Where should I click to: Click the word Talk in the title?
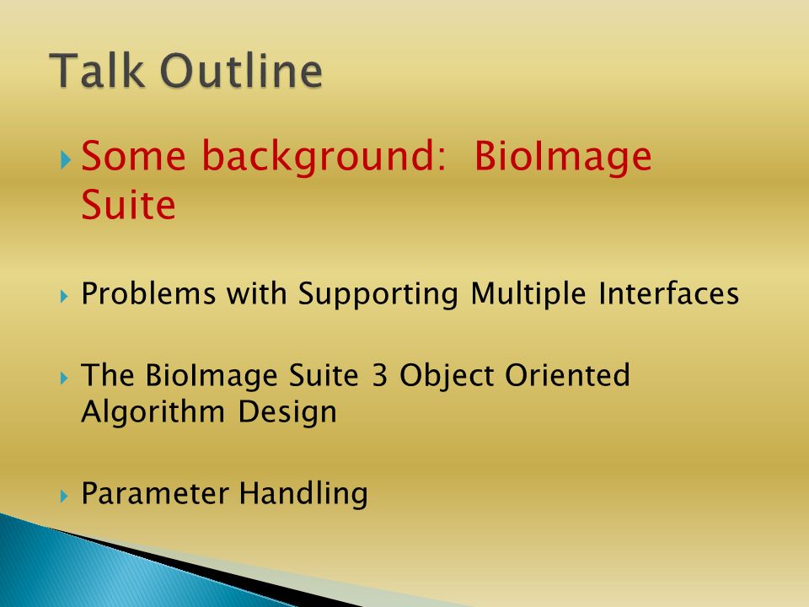coord(97,70)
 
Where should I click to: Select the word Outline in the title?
coord(242,70)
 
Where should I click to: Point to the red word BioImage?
coord(563,157)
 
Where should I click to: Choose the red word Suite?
coord(128,205)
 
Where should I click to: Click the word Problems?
coord(148,293)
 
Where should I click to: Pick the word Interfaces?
coord(669,293)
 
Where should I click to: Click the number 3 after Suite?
coord(379,375)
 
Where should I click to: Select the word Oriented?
coord(567,374)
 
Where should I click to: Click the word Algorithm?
coord(153,413)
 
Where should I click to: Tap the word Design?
coord(287,413)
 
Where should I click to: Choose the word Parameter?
coord(155,493)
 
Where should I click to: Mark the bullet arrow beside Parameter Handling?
coord(64,496)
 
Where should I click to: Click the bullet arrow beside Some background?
coord(65,160)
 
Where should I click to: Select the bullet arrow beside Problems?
coord(64,296)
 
